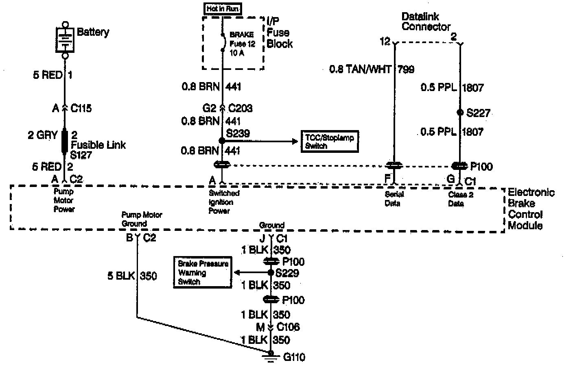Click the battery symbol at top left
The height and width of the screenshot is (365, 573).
click(x=64, y=39)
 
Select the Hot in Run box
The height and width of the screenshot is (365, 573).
click(x=223, y=9)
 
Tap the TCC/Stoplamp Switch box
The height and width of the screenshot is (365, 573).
click(x=329, y=141)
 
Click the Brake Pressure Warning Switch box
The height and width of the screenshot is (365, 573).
click(x=203, y=272)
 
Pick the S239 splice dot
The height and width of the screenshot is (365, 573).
click(x=222, y=141)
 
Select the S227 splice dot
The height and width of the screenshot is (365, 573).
click(x=460, y=113)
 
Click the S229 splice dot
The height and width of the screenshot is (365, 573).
click(x=271, y=272)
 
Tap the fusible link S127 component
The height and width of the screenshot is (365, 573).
click(x=64, y=141)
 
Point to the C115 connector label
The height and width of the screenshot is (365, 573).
click(x=81, y=108)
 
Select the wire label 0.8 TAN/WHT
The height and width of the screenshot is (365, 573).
click(x=360, y=70)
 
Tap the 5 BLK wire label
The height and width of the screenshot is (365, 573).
click(x=121, y=276)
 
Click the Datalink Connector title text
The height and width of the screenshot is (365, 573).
click(x=426, y=22)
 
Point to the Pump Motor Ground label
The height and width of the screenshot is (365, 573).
click(x=142, y=219)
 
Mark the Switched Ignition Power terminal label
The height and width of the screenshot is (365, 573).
click(x=224, y=202)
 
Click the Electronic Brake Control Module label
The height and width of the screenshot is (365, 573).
click(x=530, y=209)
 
